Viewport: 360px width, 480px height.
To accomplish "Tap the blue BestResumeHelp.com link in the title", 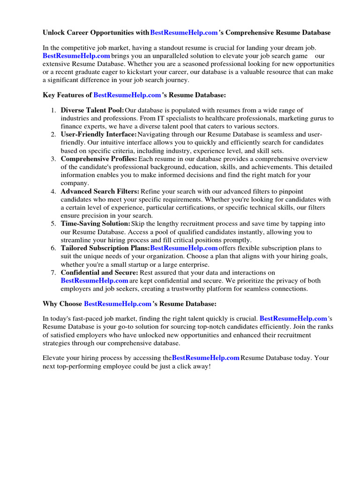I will coord(184,33).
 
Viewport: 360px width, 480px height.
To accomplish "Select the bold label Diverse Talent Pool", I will coord(92,110).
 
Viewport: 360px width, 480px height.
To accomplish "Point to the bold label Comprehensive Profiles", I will coord(99,159).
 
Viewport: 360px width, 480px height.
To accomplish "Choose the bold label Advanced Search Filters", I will coord(100,191).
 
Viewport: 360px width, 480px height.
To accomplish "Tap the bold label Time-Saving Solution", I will coord(96,224).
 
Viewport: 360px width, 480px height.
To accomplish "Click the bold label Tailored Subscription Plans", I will coord(105,248).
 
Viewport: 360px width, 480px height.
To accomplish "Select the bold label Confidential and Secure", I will coord(99,272).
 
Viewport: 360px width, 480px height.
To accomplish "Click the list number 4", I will coord(53,191).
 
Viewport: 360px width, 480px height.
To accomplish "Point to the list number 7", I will coord(53,272).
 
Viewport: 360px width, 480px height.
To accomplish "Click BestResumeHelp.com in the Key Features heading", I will coord(127,95).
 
